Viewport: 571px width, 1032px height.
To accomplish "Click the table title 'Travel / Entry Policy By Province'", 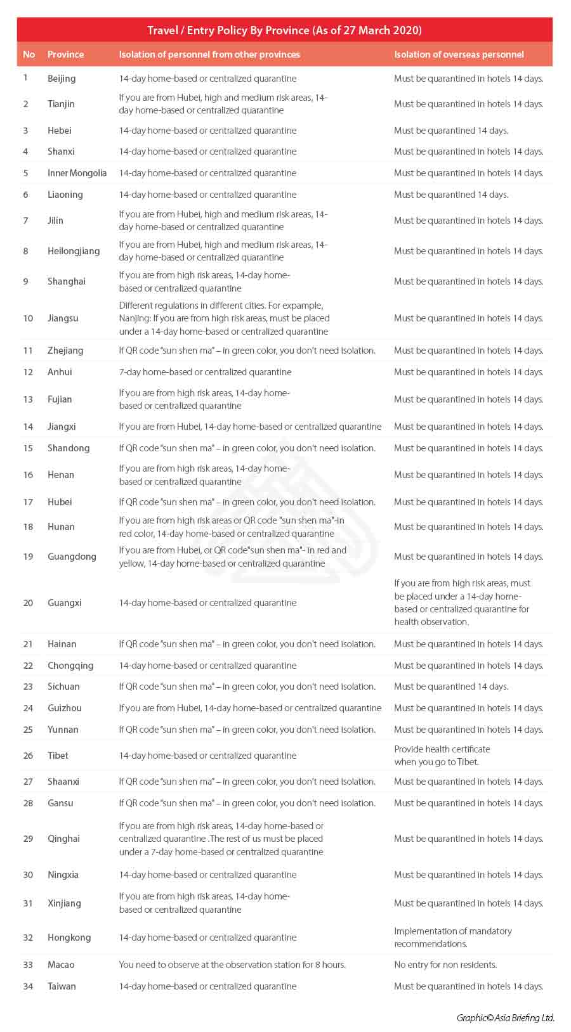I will pyautogui.click(x=284, y=30).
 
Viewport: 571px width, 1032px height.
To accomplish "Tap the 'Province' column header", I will pyautogui.click(x=65, y=55).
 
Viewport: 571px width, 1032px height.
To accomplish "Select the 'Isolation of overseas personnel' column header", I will pyautogui.click(x=459, y=55).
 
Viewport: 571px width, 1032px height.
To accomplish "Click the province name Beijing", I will pyautogui.click(x=62, y=79).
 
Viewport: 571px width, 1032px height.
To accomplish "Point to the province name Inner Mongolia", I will pyautogui.click(x=77, y=173).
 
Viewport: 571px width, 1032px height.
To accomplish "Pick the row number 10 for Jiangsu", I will pyautogui.click(x=28, y=318).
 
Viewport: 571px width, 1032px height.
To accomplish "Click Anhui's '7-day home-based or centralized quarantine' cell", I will pyautogui.click(x=205, y=372).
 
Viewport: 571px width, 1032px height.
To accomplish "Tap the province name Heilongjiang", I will pyautogui.click(x=74, y=251).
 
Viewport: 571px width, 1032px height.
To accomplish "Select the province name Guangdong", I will pyautogui.click(x=72, y=557).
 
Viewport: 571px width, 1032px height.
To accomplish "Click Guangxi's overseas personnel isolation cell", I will pyautogui.click(x=461, y=602).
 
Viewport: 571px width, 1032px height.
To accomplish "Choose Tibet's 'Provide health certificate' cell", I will pyautogui.click(x=442, y=756).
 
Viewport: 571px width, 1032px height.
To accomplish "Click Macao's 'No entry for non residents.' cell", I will pyautogui.click(x=445, y=965).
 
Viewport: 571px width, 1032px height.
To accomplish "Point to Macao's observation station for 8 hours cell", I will pyautogui.click(x=232, y=965).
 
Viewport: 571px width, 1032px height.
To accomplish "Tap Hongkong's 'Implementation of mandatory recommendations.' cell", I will pyautogui.click(x=452, y=938).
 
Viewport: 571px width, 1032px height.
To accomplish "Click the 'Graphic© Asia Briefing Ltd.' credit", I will pyautogui.click(x=505, y=1018).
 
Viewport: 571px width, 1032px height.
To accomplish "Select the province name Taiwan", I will pyautogui.click(x=62, y=986).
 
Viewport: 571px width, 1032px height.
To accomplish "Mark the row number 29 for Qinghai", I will pyautogui.click(x=28, y=839).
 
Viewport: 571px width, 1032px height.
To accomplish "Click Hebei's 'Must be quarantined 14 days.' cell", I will pyautogui.click(x=450, y=131).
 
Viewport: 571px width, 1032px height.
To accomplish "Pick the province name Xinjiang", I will pyautogui.click(x=64, y=903).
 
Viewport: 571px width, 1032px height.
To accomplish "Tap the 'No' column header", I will pyautogui.click(x=29, y=55).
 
